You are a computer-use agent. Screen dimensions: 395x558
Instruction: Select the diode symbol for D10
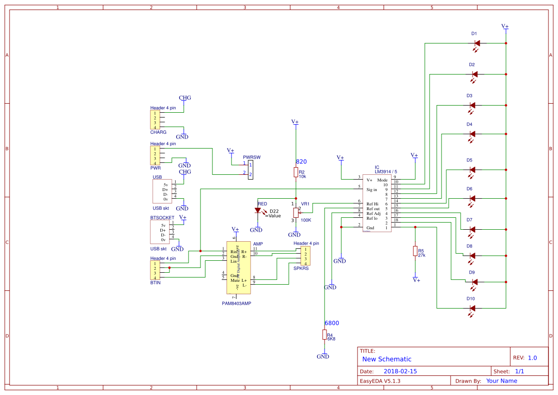coord(473,308)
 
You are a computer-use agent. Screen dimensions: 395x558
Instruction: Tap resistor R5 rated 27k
coord(415,251)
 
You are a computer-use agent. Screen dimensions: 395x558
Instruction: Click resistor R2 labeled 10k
coord(296,172)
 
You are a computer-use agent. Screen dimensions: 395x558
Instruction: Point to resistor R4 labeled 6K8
coord(325,335)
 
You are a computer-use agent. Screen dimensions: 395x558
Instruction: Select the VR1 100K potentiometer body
coord(295,212)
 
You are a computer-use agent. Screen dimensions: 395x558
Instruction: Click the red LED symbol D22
coord(258,210)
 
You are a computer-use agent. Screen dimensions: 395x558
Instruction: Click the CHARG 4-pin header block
coord(155,121)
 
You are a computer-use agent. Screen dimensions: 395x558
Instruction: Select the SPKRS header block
coord(305,256)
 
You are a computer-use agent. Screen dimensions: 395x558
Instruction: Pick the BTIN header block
coord(156,270)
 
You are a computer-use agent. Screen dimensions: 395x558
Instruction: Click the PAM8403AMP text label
coord(236,303)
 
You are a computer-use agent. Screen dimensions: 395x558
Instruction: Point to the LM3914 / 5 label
coord(386,171)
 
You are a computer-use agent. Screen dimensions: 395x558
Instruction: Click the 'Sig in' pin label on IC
coord(372,190)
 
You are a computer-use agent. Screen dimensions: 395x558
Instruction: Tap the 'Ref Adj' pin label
coord(373,214)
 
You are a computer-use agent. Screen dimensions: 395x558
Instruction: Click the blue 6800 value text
coord(332,323)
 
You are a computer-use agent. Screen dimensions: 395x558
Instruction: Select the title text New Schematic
coord(387,359)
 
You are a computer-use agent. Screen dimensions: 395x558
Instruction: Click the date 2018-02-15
coord(400,371)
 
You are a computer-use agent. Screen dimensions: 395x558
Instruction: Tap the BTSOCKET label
coord(162,217)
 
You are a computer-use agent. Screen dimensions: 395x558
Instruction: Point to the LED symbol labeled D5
coord(473,170)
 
